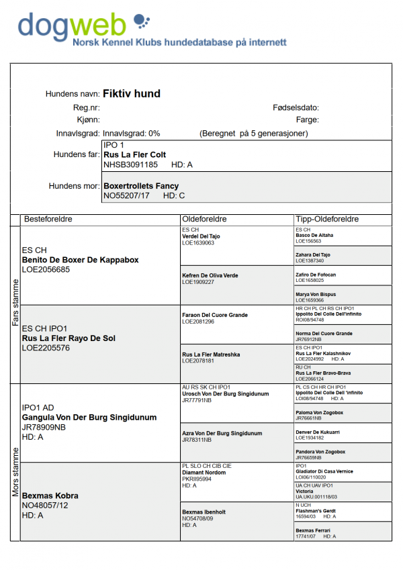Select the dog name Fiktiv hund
[x=132, y=94]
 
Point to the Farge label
[x=307, y=120]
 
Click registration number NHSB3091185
[x=130, y=164]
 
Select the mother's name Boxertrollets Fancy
[x=140, y=186]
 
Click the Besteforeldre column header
[x=48, y=220]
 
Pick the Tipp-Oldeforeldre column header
[x=326, y=220]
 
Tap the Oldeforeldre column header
[x=204, y=220]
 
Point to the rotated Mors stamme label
[x=15, y=473]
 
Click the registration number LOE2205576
[x=46, y=348]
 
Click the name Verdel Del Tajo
[x=201, y=236]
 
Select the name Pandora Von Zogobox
[x=320, y=452]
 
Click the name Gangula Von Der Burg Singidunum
[x=89, y=418]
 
